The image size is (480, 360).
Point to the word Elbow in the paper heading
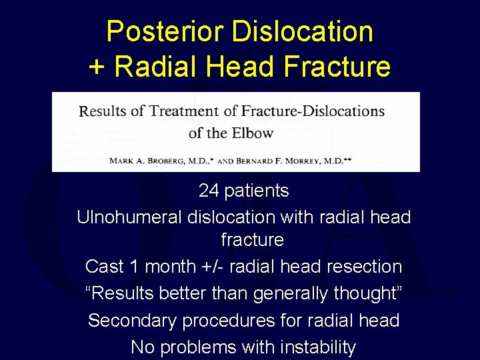253,132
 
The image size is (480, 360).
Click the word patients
257,191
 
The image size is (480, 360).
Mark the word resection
362,267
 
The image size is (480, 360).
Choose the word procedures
223,321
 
